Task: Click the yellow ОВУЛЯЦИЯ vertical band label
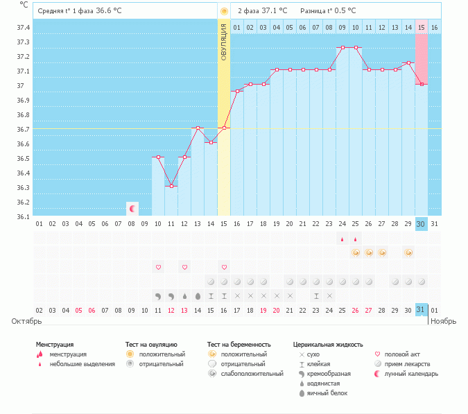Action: point(224,42)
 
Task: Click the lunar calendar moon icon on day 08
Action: point(132,208)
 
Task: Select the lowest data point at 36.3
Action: point(171,186)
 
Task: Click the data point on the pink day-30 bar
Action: point(422,85)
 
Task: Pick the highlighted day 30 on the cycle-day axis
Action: point(421,223)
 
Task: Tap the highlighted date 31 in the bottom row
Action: point(421,309)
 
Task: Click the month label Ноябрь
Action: point(444,322)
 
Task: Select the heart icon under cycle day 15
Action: point(224,267)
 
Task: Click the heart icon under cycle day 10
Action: point(158,267)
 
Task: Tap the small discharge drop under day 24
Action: point(342,240)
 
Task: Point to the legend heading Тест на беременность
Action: point(239,344)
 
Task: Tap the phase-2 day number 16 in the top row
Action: point(434,28)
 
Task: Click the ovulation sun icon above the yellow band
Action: point(223,11)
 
